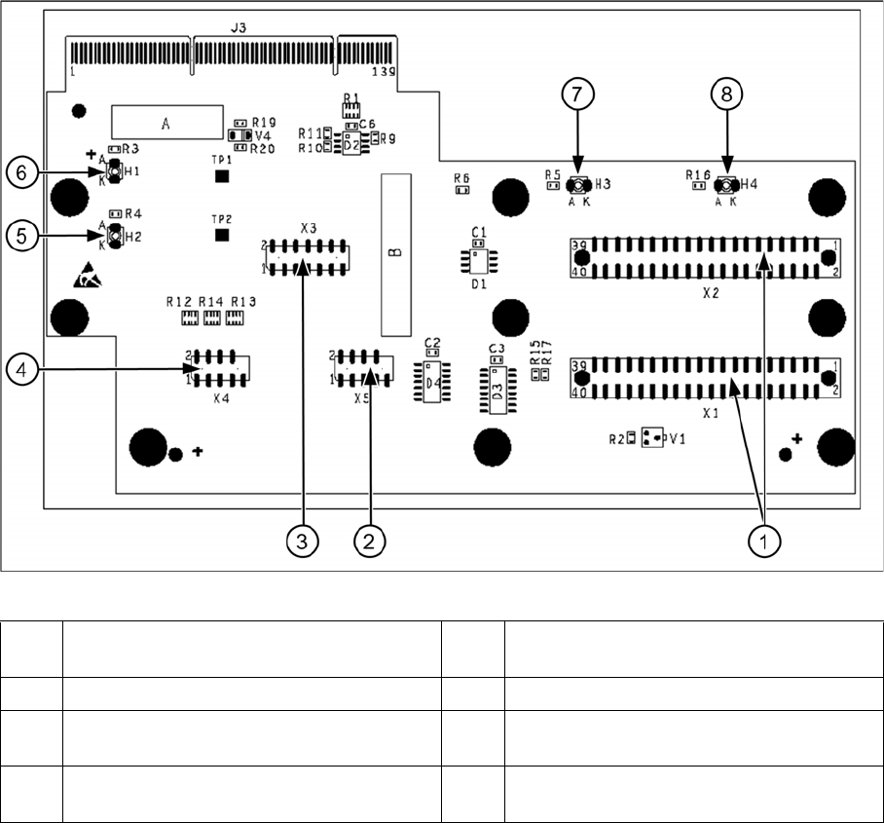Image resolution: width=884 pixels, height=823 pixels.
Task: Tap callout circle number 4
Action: [21, 369]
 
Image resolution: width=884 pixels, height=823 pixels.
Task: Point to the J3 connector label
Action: [238, 29]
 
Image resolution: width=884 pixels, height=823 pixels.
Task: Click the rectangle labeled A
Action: [166, 123]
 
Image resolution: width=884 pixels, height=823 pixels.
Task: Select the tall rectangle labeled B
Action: [393, 253]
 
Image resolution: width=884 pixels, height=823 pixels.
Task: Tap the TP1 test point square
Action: [222, 176]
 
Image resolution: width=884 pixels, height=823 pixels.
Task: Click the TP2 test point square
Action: [222, 235]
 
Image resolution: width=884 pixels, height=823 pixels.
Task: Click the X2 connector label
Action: [710, 291]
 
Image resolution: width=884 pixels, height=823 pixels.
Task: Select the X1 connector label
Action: [710, 413]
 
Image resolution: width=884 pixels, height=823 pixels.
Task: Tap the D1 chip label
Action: [478, 285]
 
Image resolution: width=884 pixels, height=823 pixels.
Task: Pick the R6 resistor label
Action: [461, 178]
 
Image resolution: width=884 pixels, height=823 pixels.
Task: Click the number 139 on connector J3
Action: [385, 72]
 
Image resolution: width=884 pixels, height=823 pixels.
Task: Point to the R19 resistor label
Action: [264, 123]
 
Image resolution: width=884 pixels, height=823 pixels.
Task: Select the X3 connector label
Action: [309, 228]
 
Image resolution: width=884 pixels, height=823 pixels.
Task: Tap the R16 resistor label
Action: [697, 174]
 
